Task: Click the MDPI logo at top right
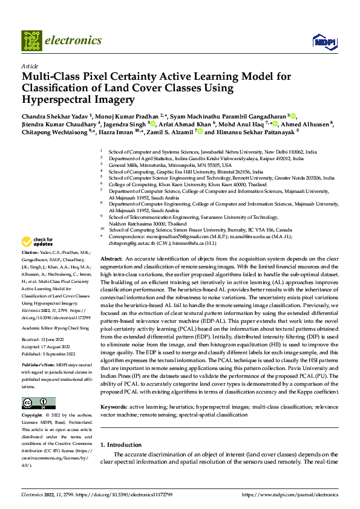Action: point(321,41)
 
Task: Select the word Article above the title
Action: point(30,66)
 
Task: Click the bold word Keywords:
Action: point(114,407)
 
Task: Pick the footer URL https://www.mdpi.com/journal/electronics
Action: point(289,494)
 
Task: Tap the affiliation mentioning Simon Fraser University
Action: point(200,230)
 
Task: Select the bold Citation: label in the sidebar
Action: point(30,251)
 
